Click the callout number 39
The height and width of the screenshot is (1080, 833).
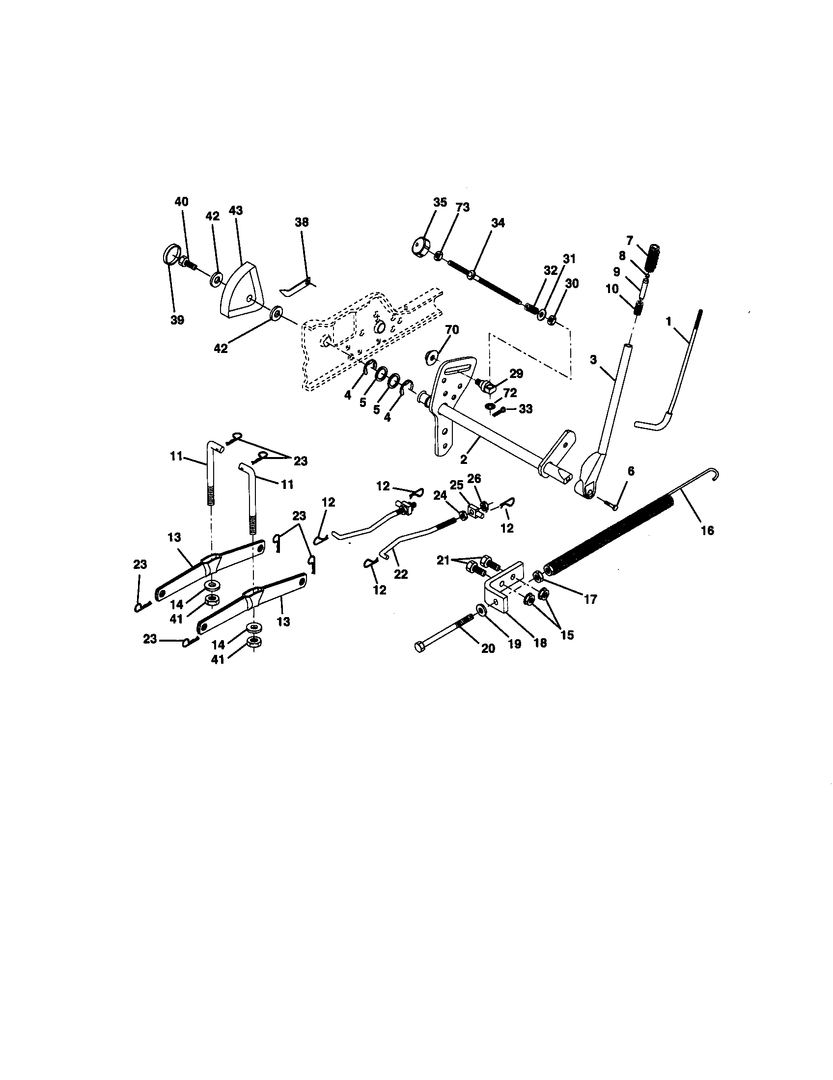(x=177, y=320)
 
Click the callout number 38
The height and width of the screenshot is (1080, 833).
(x=301, y=222)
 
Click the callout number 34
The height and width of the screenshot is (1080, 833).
(x=498, y=223)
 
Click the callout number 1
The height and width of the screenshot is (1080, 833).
(x=669, y=322)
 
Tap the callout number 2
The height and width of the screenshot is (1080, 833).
(x=464, y=459)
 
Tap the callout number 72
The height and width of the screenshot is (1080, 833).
(x=510, y=394)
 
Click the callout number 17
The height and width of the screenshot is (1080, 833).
(x=590, y=599)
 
